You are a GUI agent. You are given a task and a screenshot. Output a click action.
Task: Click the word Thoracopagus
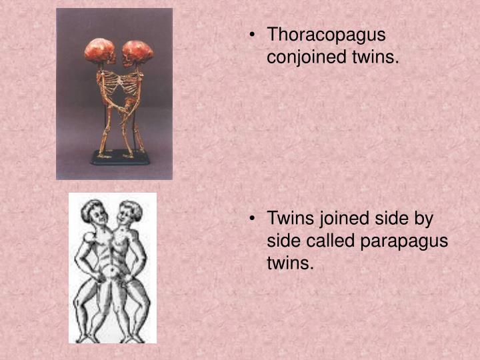[x=326, y=36]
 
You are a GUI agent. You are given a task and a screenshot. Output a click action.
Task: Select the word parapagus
[x=405, y=241]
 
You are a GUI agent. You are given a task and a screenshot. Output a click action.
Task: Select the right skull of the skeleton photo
[x=138, y=51]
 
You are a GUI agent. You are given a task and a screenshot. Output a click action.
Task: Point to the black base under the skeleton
[x=119, y=158]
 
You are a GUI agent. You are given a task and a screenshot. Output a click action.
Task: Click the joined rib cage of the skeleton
[x=119, y=85]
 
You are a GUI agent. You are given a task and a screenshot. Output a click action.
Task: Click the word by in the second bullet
[x=422, y=219]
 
